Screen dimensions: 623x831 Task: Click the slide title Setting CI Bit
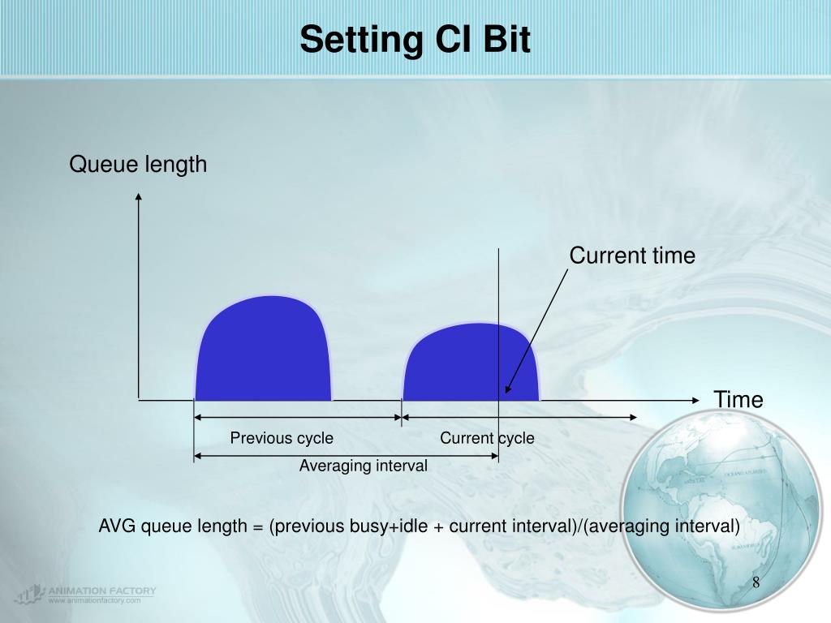point(415,40)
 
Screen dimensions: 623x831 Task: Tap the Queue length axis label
point(138,165)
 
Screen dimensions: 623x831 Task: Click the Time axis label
point(738,399)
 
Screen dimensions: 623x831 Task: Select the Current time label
point(631,256)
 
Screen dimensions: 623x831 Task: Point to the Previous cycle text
point(281,438)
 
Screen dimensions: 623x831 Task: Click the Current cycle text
point(487,438)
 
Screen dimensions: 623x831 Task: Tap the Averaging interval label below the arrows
point(363,466)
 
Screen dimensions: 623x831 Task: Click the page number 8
point(756,583)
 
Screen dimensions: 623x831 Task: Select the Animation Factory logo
point(84,594)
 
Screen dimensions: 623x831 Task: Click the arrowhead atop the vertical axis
point(139,197)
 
